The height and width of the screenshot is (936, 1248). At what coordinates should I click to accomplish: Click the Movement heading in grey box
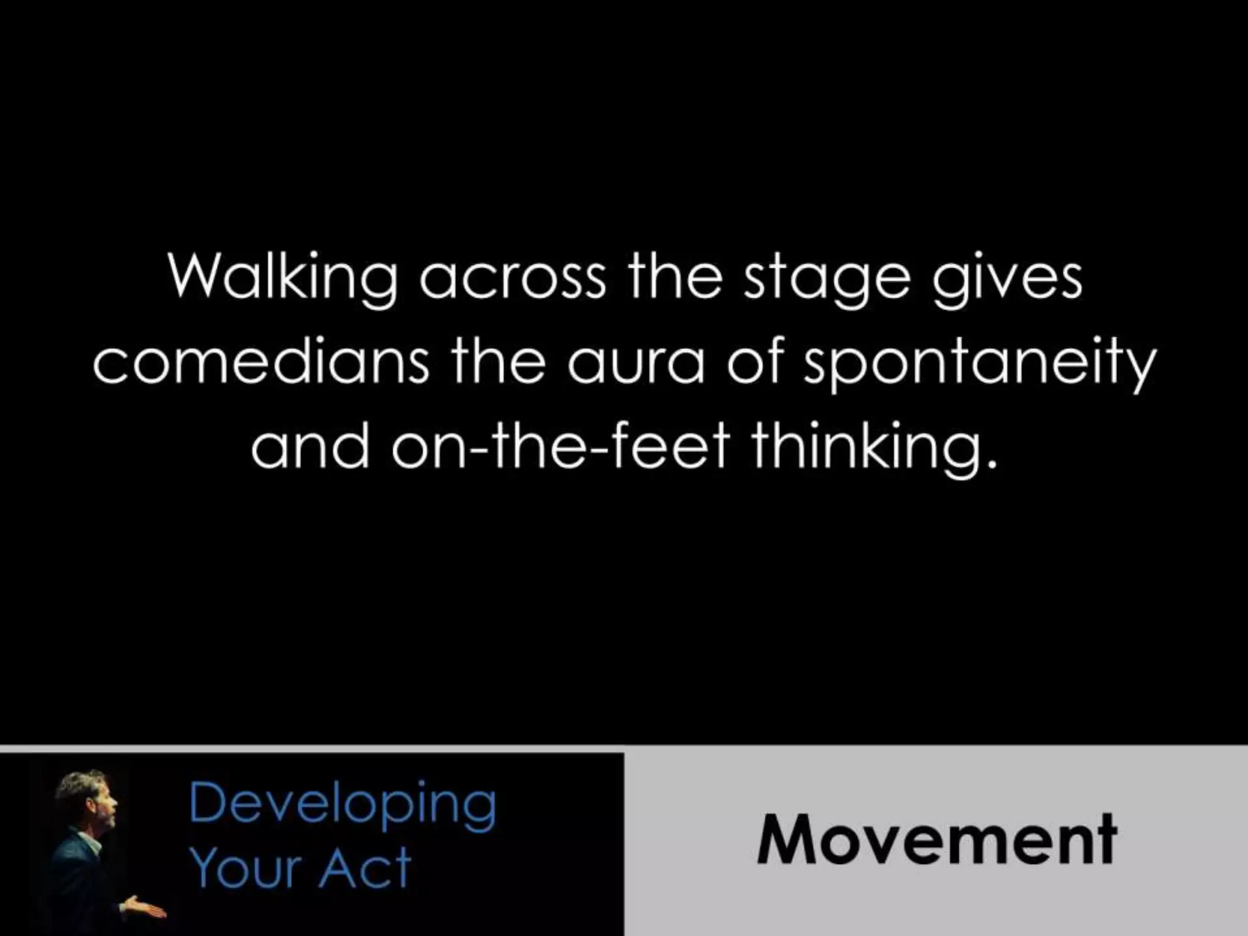coord(936,839)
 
